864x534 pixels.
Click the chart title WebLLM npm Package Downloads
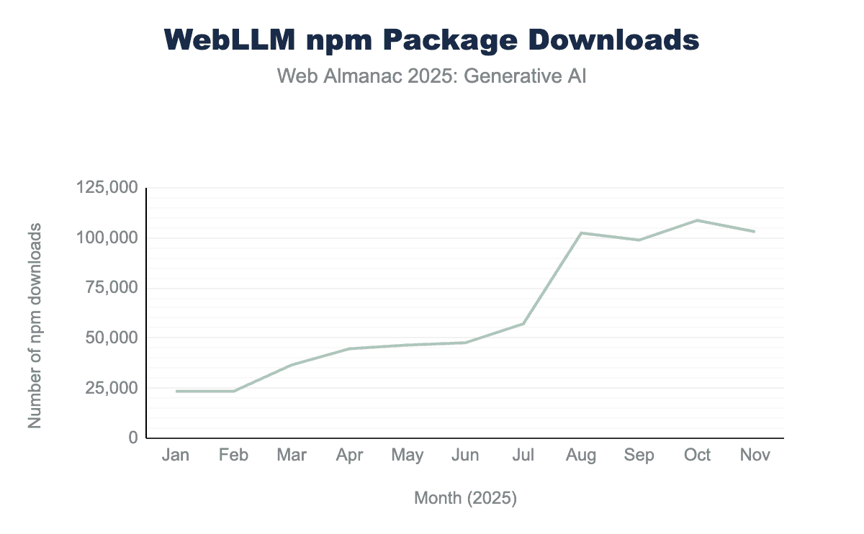click(432, 40)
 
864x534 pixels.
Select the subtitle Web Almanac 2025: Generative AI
click(432, 76)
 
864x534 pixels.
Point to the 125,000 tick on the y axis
click(107, 188)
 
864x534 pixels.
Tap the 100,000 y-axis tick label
click(107, 238)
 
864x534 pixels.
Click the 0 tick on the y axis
click(132, 438)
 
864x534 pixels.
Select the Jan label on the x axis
click(176, 455)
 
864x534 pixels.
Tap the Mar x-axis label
click(292, 455)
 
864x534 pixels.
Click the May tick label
click(408, 455)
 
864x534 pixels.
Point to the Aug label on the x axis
click(581, 455)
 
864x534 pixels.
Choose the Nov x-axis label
click(755, 455)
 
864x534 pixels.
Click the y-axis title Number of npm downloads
click(35, 325)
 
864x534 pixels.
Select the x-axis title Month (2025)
click(465, 498)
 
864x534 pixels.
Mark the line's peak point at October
click(697, 220)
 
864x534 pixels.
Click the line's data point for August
click(581, 233)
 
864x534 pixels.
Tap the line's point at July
click(523, 324)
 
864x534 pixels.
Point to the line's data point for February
click(234, 391)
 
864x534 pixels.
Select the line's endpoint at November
click(755, 232)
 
